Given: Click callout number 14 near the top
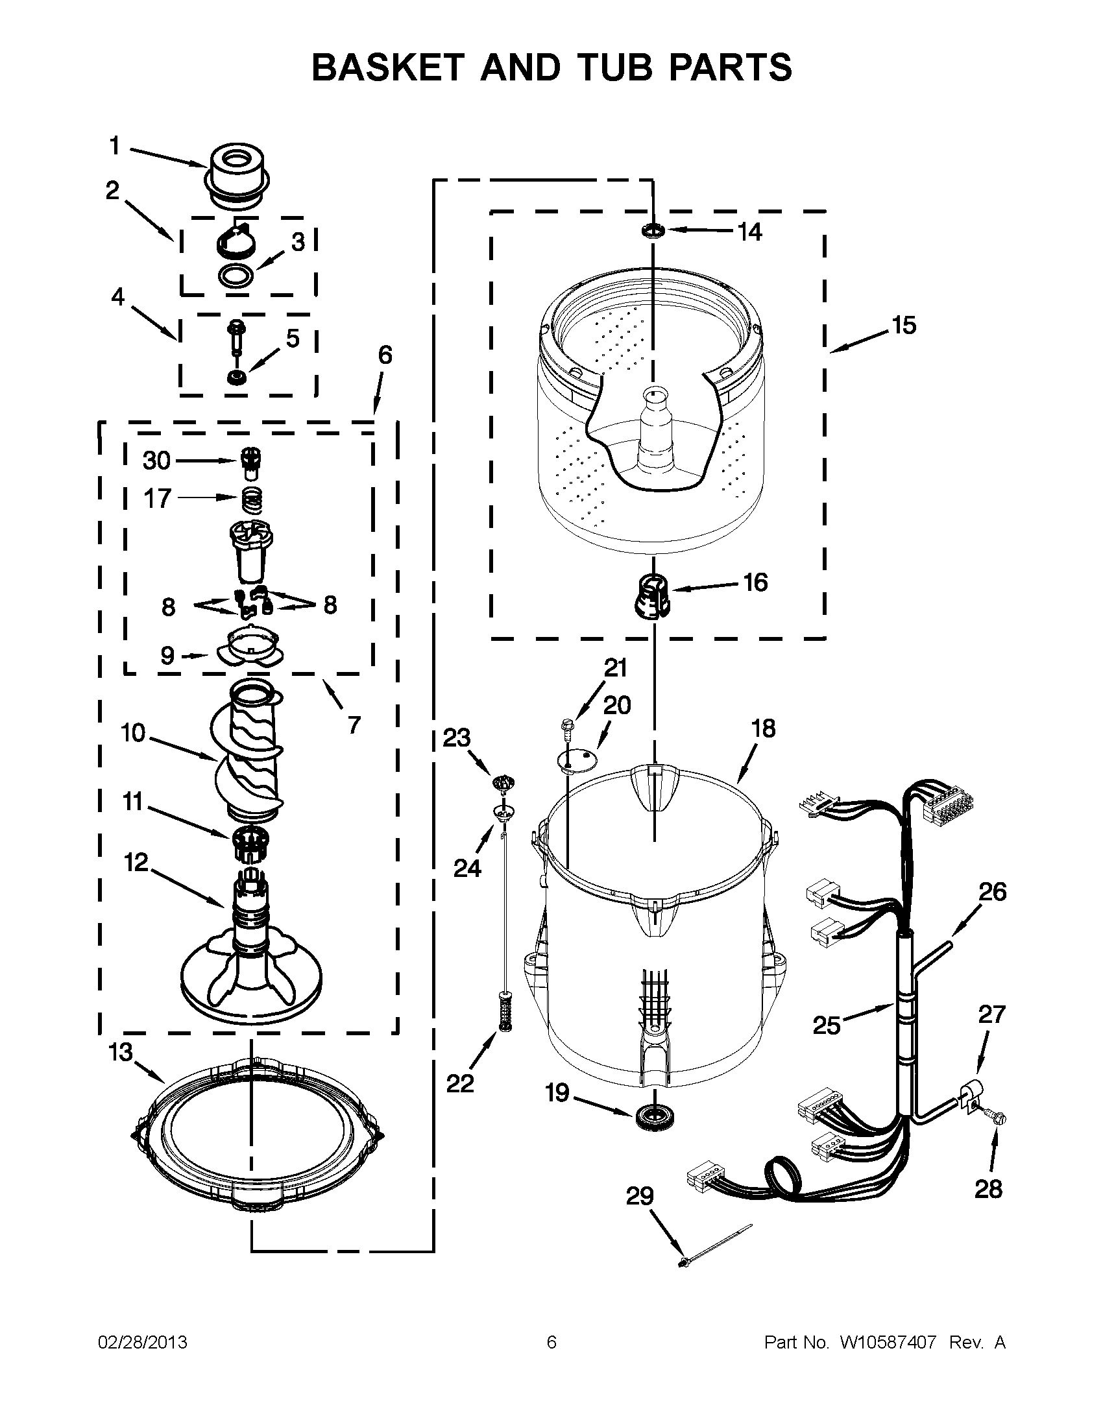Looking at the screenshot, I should coord(749,232).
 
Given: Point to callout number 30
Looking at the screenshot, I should coord(157,461).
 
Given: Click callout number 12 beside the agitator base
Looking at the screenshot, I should coord(136,863).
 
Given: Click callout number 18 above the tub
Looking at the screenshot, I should coord(763,728).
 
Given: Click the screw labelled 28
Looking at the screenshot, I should coord(998,1120).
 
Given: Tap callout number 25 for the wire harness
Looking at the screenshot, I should coord(826,1025).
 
